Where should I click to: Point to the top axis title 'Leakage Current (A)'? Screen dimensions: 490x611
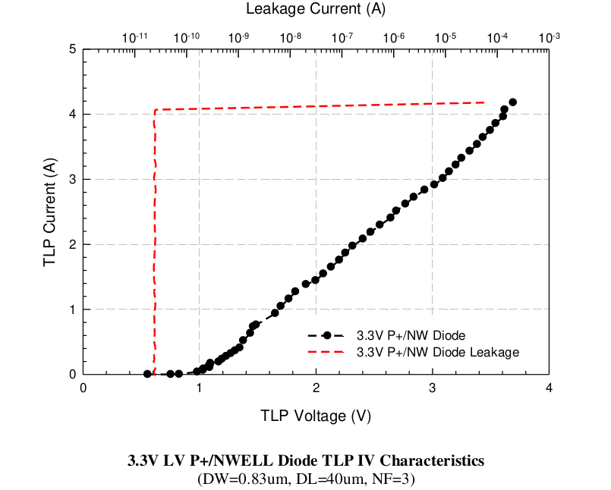316,9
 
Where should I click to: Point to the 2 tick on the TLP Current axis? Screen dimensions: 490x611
72,245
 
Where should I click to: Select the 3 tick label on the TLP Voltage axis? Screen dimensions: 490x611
433,388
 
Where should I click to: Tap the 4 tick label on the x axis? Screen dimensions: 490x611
549,388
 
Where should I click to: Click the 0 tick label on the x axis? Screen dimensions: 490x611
83,388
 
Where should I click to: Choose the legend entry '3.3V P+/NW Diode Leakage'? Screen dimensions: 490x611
437,352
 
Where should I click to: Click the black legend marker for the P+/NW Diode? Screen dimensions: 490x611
327,335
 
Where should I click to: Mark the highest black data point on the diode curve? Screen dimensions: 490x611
512,102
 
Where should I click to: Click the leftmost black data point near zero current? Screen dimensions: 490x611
147,374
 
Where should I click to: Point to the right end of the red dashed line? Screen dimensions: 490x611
484,102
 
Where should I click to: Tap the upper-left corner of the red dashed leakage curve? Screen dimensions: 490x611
155,111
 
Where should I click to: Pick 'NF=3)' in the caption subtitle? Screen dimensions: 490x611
395,479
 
